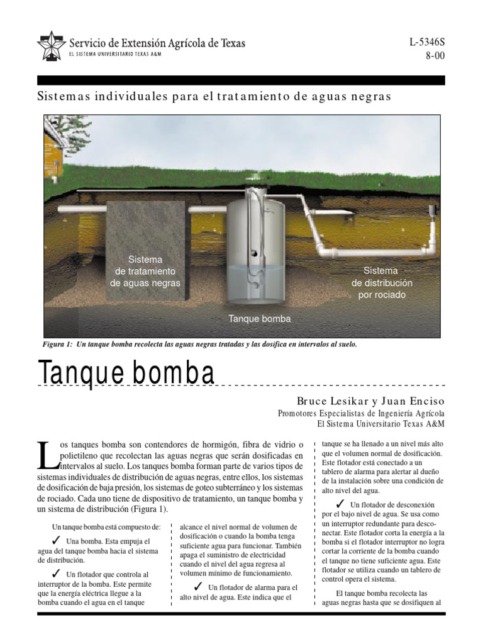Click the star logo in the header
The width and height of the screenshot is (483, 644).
[x=51, y=46]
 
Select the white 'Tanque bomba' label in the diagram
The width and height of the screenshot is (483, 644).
[x=260, y=319]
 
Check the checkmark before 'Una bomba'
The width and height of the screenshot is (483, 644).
[x=56, y=540]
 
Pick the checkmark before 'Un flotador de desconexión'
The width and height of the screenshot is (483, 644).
[x=340, y=504]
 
